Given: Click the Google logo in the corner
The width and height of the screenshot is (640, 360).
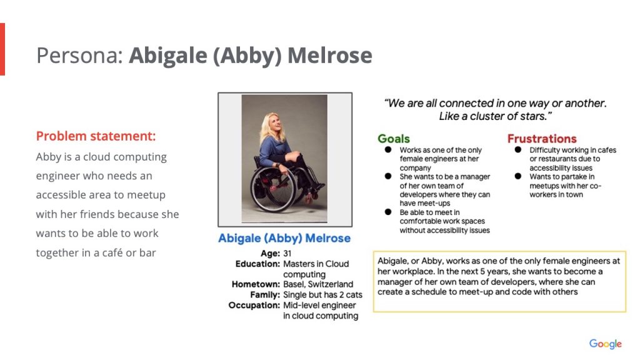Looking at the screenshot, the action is [x=605, y=344].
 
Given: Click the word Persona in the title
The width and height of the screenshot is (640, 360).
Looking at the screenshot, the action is [x=79, y=56].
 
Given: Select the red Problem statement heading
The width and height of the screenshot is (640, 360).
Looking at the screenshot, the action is [x=96, y=136].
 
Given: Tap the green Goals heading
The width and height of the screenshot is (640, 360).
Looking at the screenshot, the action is [x=394, y=139].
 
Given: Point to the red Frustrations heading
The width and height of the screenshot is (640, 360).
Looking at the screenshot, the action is [x=542, y=139].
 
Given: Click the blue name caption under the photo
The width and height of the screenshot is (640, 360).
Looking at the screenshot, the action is [x=284, y=238].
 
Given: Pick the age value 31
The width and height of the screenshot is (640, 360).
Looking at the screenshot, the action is [x=287, y=254].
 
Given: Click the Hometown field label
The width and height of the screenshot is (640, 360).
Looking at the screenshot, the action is [x=256, y=284].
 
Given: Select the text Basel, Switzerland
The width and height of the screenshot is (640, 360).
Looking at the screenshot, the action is [x=318, y=284].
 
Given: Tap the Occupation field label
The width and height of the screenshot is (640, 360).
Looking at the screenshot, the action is [x=254, y=305].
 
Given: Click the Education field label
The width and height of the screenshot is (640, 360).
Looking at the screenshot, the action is [x=257, y=264].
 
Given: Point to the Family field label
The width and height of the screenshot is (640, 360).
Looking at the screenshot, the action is [x=265, y=295].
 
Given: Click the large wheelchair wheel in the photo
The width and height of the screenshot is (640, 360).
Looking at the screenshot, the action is [x=273, y=190].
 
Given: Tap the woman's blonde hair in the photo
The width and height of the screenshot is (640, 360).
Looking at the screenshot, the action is [x=270, y=129].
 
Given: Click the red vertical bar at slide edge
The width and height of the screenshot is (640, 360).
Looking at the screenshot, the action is [x=2, y=49].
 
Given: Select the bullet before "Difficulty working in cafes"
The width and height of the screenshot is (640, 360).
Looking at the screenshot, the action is [x=518, y=150].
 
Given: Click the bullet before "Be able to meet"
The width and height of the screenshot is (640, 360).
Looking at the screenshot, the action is [x=387, y=212].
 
